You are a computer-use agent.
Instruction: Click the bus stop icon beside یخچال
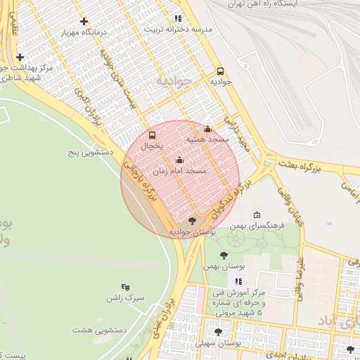pyautogui.click(x=153, y=134)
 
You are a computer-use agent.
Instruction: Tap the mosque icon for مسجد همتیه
pyautogui.click(x=207, y=129)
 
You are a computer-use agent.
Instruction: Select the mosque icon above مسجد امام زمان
pyautogui.click(x=179, y=159)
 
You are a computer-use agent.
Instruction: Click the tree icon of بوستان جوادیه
pyautogui.click(x=193, y=221)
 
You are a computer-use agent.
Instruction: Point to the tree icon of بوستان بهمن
pyautogui.click(x=224, y=255)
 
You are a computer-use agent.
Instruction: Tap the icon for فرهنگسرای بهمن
pyautogui.click(x=257, y=215)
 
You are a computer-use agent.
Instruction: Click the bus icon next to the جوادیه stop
pyautogui.click(x=221, y=71)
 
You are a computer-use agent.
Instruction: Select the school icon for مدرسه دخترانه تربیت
pyautogui.click(x=178, y=18)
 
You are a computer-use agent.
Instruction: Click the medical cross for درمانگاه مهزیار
pyautogui.click(x=85, y=21)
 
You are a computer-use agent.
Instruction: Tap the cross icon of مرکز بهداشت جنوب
pyautogui.click(x=20, y=57)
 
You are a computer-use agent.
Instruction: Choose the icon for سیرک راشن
pyautogui.click(x=126, y=286)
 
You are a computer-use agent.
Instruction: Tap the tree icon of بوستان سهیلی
pyautogui.click(x=218, y=331)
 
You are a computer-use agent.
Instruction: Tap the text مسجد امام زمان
pyautogui.click(x=179, y=171)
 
